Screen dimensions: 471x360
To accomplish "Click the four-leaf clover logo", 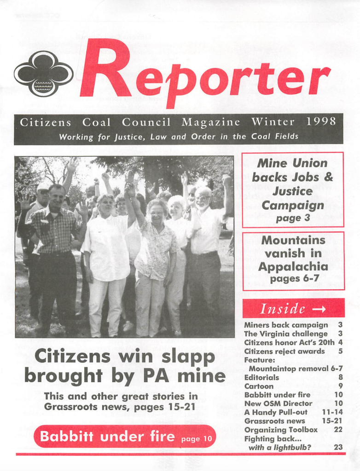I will click(44, 74).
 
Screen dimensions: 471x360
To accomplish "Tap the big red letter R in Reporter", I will click(105, 69).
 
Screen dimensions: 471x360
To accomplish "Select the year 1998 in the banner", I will click(321, 122).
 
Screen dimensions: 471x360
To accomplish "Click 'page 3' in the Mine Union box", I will click(293, 218).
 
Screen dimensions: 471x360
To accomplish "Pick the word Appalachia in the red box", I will click(293, 267).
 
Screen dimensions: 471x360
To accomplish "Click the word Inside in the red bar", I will click(283, 309).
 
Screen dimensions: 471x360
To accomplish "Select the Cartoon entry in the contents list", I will click(259, 386).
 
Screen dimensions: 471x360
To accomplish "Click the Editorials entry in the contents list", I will click(261, 378).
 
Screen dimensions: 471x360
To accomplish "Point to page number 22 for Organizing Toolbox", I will click(338, 430).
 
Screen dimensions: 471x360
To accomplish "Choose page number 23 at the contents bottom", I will click(338, 447).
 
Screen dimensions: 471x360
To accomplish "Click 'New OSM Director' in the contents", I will click(278, 404).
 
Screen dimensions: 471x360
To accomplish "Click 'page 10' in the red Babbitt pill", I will click(197, 439).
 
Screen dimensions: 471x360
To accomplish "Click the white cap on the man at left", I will click(43, 187).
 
